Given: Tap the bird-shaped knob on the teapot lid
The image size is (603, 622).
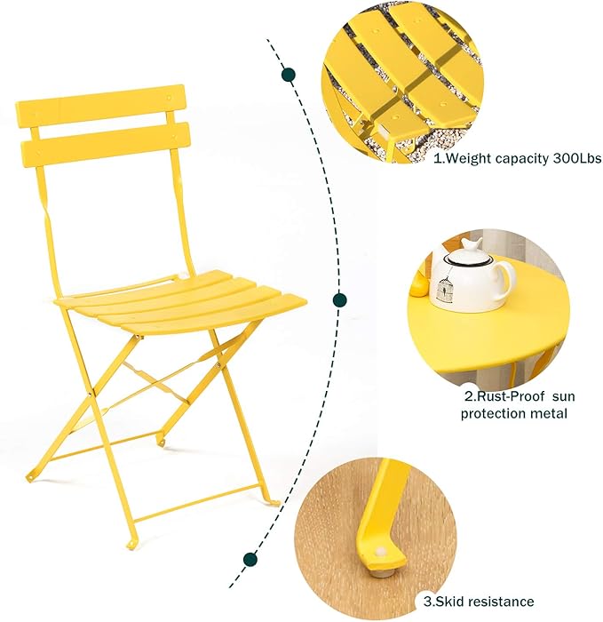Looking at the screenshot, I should (x=472, y=243).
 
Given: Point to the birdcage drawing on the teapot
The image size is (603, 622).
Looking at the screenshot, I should (x=469, y=287).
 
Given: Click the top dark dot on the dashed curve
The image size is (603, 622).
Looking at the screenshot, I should (x=288, y=76).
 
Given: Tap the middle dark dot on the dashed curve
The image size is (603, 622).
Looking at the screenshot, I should (x=338, y=300).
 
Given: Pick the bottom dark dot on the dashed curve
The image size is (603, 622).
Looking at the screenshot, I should (x=250, y=559).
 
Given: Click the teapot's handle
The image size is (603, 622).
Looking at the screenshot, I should (x=507, y=278).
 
